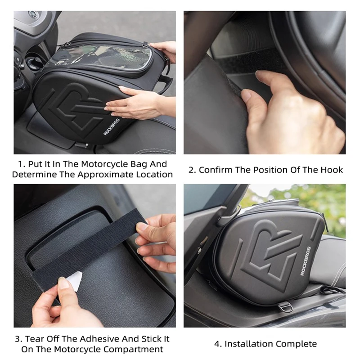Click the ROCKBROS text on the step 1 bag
click(x=112, y=127)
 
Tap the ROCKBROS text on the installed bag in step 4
click(x=306, y=261)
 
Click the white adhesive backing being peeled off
click(x=75, y=280)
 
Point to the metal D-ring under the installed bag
click(x=285, y=307)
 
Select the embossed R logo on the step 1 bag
click(x=76, y=108)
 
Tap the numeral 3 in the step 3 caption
click(x=18, y=339)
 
